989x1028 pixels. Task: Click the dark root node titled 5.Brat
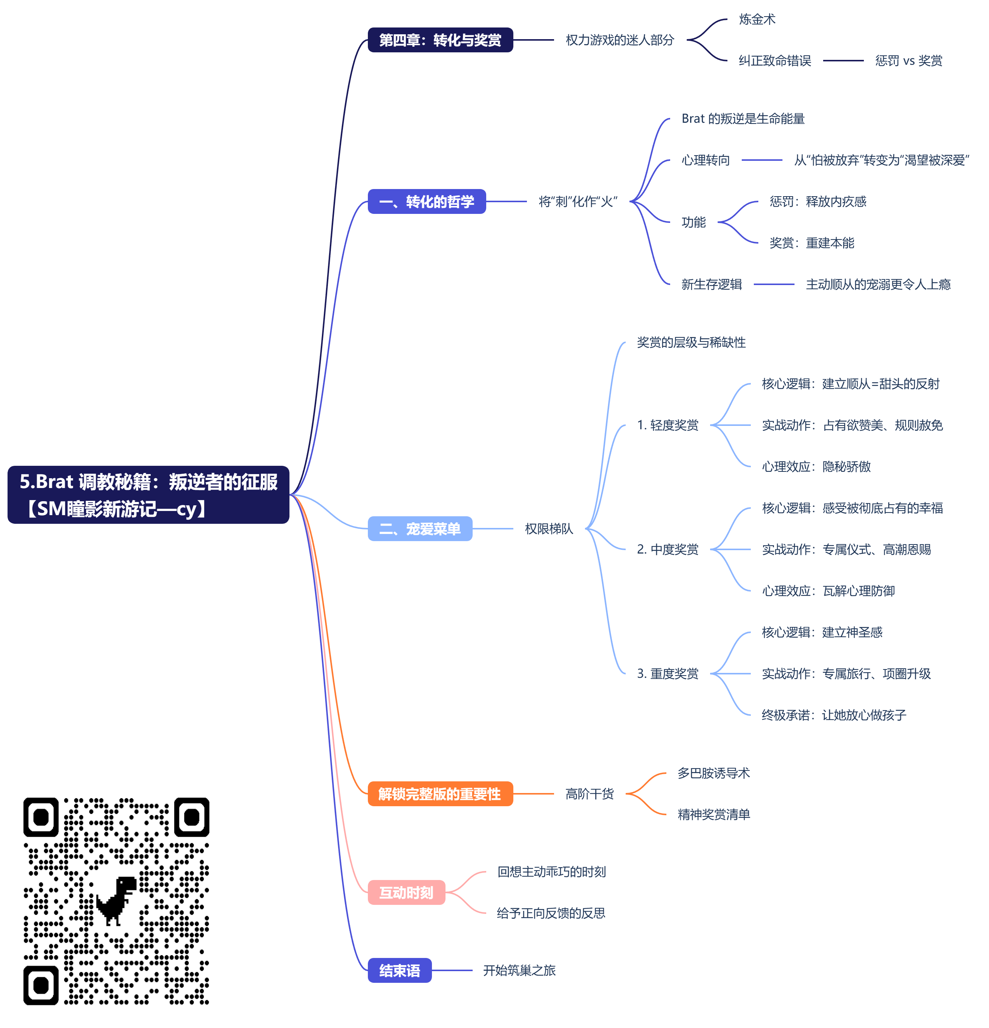pos(148,494)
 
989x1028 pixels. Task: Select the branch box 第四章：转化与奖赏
pos(440,40)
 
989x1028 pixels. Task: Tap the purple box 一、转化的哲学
pos(426,201)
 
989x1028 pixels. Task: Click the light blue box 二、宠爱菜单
pos(419,529)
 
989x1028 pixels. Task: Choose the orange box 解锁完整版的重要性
pos(440,793)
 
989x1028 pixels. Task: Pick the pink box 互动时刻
pos(406,892)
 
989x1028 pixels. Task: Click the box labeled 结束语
pos(400,970)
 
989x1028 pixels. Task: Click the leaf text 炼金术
pos(757,20)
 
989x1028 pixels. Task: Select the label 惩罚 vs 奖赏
pos(908,61)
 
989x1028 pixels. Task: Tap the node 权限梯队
pos(548,529)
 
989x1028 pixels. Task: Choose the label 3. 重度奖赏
pos(667,673)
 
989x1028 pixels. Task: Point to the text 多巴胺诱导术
pos(713,773)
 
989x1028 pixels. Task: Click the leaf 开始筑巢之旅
pos(519,970)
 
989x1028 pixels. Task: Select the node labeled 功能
pos(694,223)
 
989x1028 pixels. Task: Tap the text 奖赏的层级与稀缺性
pos(691,343)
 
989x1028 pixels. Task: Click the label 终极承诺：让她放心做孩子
pos(834,715)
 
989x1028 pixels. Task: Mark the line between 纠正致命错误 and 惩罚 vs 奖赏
pos(843,61)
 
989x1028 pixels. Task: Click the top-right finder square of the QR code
pos(191,817)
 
